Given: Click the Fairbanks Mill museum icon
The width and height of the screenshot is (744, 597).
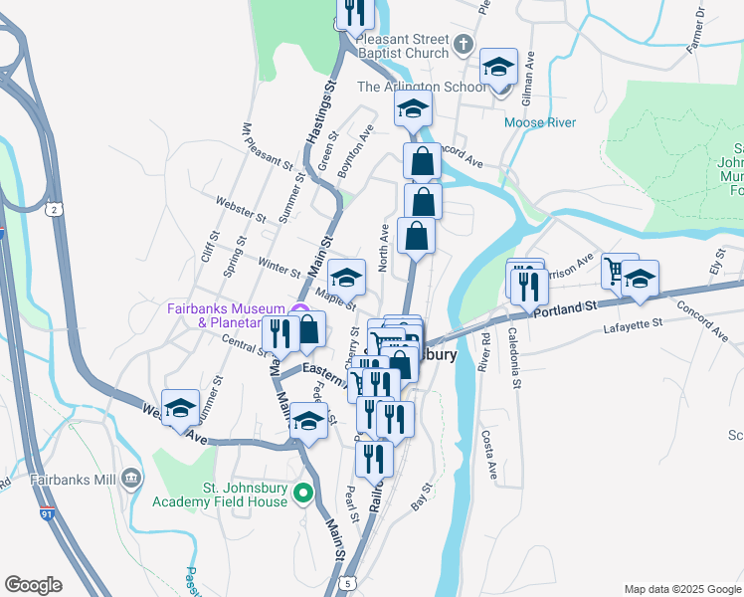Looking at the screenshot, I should (130, 481).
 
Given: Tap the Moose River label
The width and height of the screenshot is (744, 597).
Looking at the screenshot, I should (540, 122).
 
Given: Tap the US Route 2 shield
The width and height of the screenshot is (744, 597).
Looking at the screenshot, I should (56, 208).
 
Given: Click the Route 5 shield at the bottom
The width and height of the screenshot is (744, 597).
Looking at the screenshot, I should (346, 582).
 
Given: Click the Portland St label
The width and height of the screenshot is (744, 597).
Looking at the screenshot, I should (563, 309).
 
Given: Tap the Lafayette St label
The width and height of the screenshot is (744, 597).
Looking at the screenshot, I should (633, 324).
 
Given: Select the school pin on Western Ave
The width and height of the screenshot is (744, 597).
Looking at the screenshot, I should (180, 408).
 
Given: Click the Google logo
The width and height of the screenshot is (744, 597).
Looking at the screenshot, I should (34, 585).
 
